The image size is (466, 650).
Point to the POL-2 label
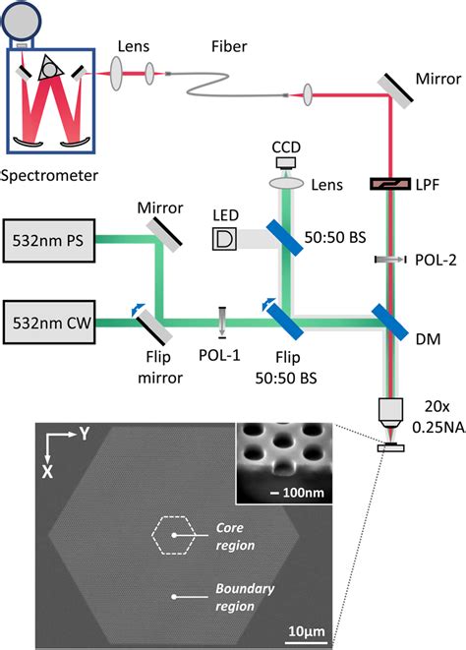[x=426, y=261]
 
